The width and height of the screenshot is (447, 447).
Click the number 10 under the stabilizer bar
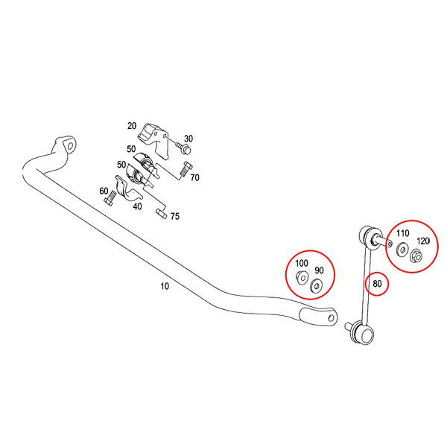(164, 285)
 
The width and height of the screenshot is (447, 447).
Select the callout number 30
(188, 138)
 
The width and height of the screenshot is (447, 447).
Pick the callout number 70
(194, 177)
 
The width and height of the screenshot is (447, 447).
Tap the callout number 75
(174, 216)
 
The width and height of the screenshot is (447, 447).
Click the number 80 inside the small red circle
(377, 283)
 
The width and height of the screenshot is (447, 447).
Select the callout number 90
(319, 270)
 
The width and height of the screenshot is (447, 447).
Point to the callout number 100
(301, 264)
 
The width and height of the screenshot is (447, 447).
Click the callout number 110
(403, 233)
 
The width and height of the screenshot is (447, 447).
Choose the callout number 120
(422, 241)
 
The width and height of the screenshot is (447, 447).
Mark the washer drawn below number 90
(316, 285)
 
